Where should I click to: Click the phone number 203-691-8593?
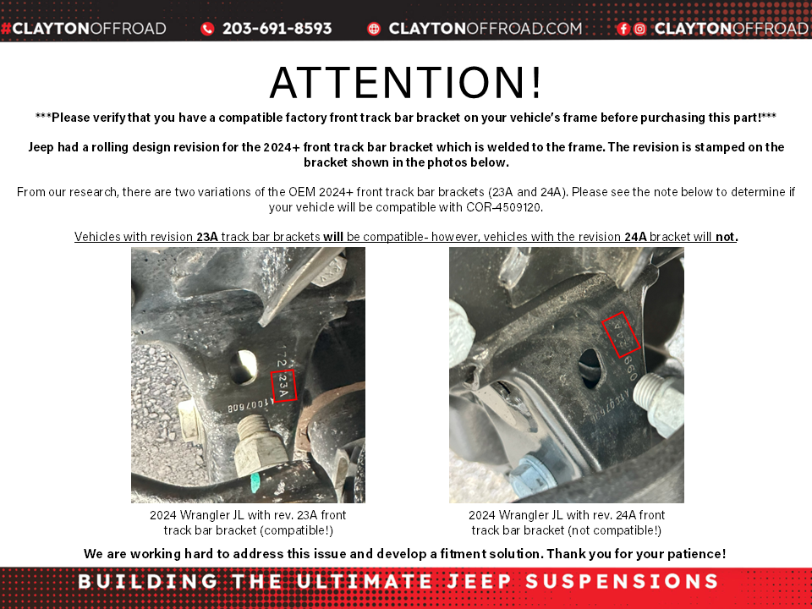pos(277,29)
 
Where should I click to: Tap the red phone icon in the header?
pos(208,29)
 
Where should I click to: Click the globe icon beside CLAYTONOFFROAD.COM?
pos(374,29)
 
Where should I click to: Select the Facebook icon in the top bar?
pos(623,29)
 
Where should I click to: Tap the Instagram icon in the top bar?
pos(639,29)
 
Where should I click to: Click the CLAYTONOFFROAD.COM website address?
pos(486,29)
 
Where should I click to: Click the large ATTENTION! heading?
pos(406,83)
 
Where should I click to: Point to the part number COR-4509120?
pos(504,207)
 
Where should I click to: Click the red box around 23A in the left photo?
pos(284,385)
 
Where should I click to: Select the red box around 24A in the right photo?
pos(623,334)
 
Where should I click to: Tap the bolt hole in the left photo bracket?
pos(246,365)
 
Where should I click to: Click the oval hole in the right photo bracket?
pos(589,370)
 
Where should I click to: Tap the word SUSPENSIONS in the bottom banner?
pos(622,582)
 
